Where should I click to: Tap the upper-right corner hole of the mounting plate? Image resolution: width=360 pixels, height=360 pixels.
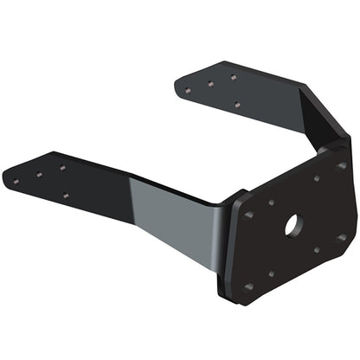(341, 165)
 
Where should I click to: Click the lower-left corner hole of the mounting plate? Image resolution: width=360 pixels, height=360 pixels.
(249, 286)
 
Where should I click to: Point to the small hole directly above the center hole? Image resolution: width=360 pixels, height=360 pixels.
(317, 179)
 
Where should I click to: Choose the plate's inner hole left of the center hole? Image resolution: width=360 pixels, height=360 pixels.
(271, 202)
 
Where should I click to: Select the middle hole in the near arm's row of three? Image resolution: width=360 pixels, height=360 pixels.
(40, 175)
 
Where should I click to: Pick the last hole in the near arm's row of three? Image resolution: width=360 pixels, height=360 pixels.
(62, 167)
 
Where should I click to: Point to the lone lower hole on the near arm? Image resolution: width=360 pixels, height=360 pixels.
(66, 196)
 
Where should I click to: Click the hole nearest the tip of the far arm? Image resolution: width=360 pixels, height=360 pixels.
(188, 90)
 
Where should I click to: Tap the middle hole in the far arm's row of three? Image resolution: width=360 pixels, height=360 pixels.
(210, 84)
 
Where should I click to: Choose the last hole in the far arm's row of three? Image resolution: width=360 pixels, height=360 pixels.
(233, 77)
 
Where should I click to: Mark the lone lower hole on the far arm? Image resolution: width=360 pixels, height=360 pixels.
(236, 105)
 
